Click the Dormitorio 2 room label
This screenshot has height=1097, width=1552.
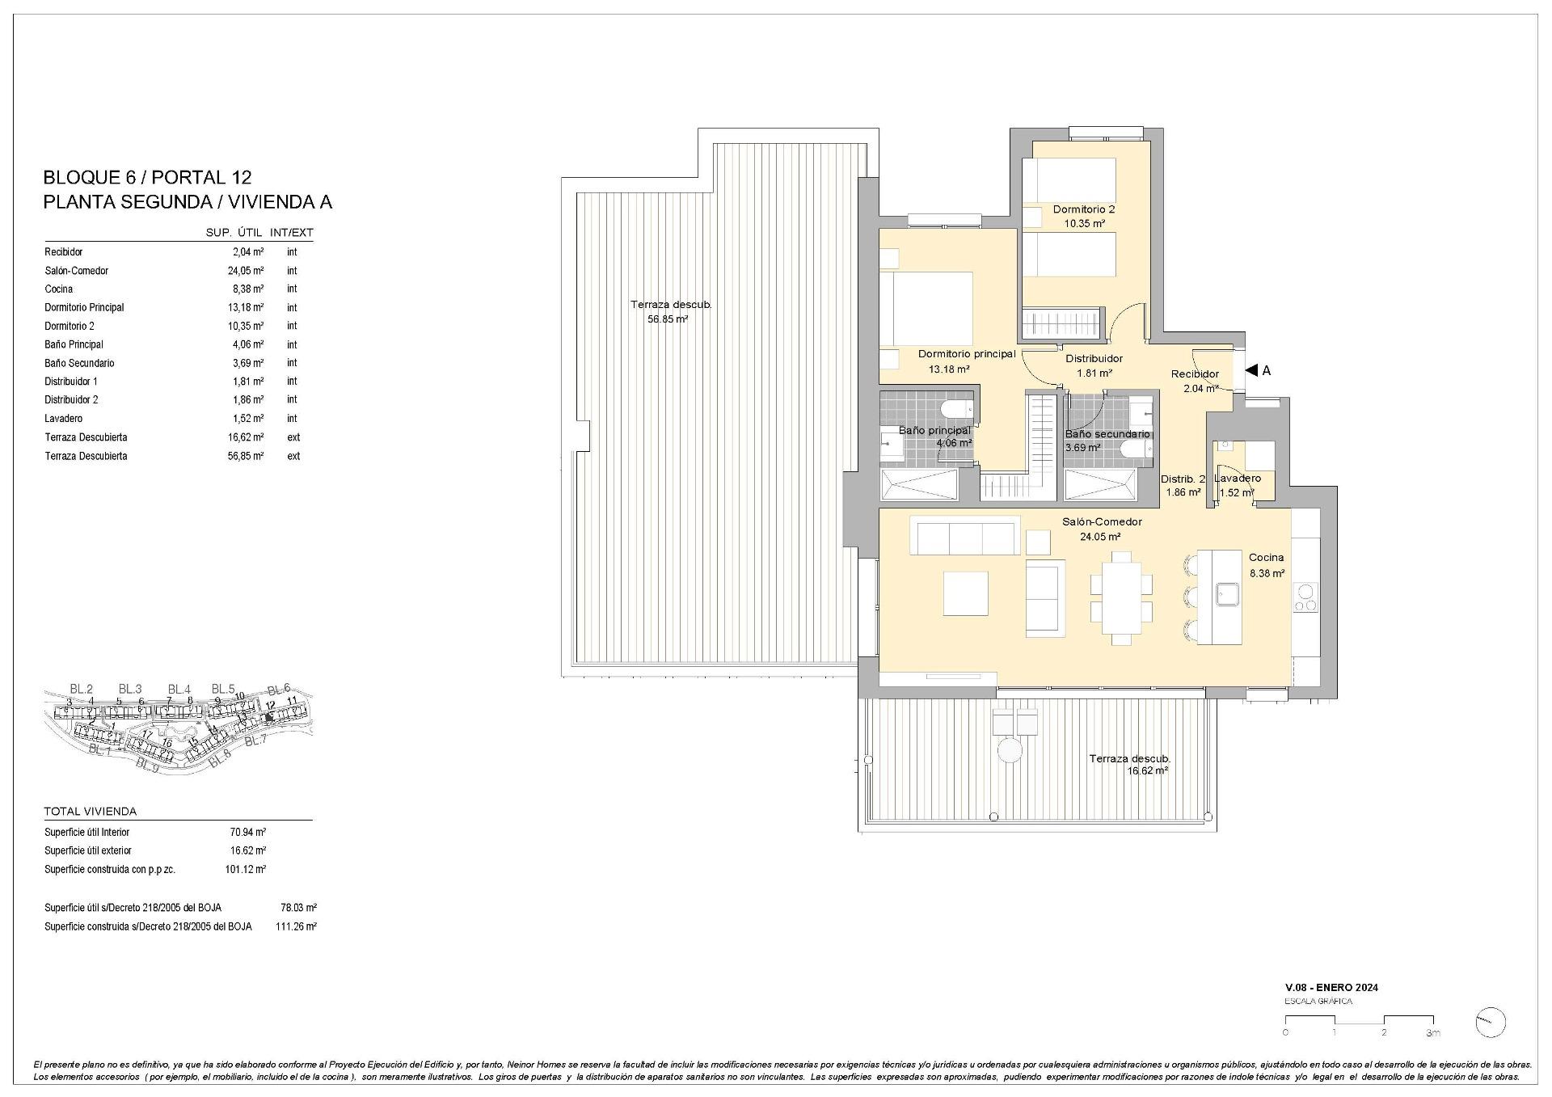point(1083,209)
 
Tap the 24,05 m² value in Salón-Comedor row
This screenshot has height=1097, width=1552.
point(246,271)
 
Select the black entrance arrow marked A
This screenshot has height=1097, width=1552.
point(1251,370)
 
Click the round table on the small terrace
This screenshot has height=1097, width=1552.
point(1010,751)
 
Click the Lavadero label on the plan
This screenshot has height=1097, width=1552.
point(1237,478)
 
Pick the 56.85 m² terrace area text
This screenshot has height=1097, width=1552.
point(668,319)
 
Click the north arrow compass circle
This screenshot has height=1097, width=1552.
point(1490,1023)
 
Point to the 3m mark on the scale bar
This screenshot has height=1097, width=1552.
point(1432,1033)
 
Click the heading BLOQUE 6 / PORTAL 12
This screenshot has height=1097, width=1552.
point(147,177)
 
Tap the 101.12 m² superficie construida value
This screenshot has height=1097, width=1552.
point(245,869)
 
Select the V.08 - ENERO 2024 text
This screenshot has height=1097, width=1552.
point(1331,987)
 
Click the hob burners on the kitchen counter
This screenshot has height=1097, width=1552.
point(1305,597)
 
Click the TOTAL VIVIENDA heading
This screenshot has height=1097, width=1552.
point(91,811)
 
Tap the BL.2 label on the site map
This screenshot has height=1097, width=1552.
point(81,689)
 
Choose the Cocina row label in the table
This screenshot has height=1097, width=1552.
point(58,289)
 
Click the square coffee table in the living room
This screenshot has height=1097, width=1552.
point(965,593)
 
